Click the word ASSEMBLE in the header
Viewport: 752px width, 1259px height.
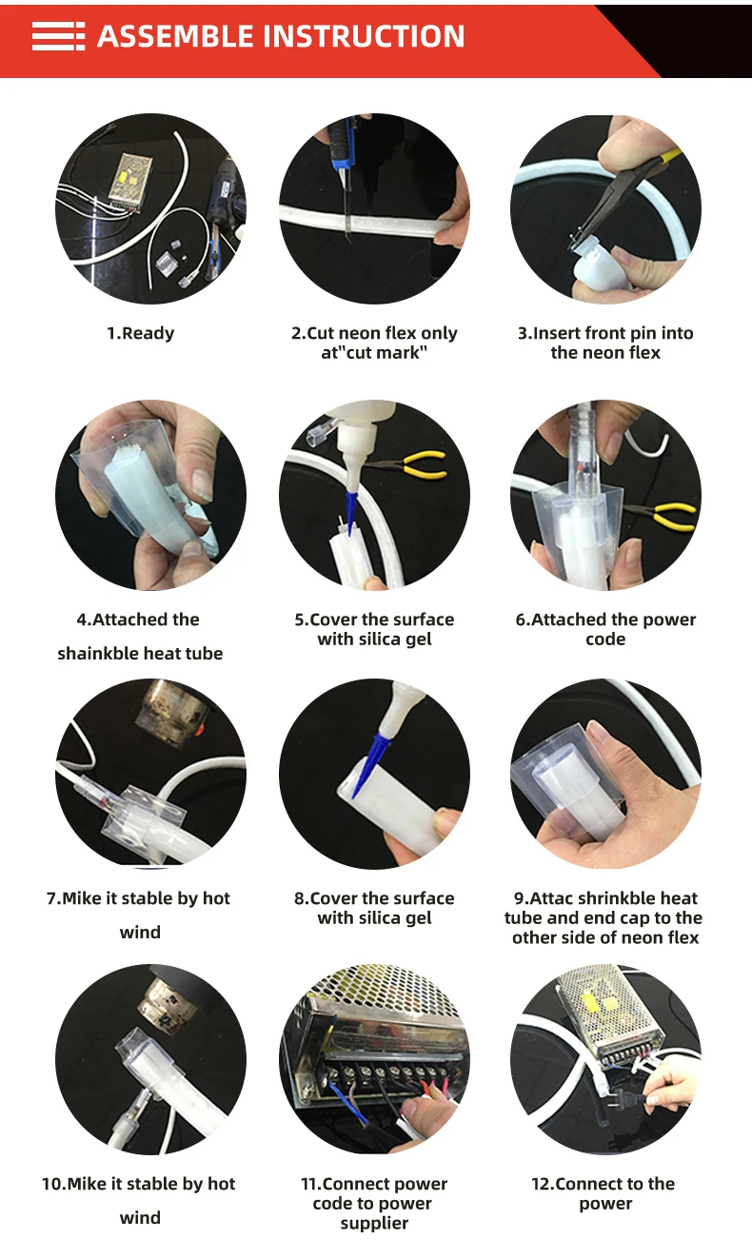point(175,36)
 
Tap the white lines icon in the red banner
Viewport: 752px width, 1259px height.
point(58,36)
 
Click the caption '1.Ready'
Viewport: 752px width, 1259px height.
point(141,333)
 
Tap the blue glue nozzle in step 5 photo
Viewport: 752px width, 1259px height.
point(351,511)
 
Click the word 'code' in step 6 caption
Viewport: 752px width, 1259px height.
point(605,639)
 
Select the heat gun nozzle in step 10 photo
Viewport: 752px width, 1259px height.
point(167,1000)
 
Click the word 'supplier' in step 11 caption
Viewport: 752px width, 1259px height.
point(374,1223)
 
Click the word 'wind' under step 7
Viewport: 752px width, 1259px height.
point(140,932)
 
